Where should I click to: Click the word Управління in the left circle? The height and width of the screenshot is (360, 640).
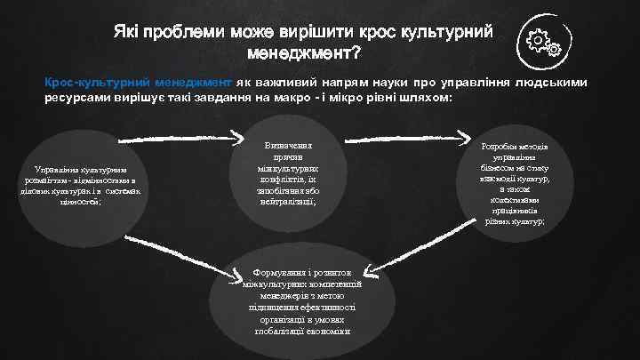(x=54, y=169)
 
